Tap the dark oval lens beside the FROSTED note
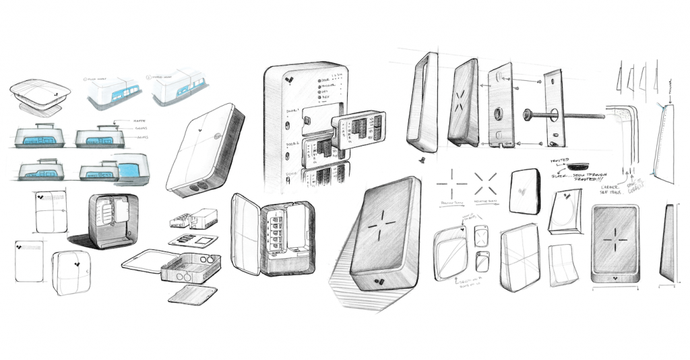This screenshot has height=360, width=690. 578,164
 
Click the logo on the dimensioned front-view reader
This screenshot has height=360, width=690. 614,276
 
